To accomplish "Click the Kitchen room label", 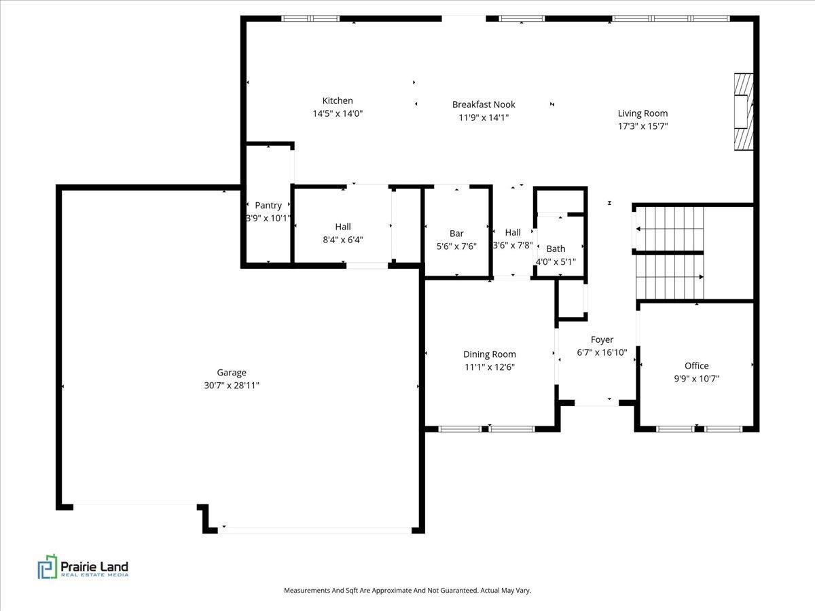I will pos(338,100).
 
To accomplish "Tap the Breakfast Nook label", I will pos(484,104).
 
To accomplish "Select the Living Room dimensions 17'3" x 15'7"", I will pos(642,126).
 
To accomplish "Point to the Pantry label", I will pos(268,205).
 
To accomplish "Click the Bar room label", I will pos(456,234).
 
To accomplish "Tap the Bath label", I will pos(556,248).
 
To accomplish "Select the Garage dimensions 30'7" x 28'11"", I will pos(232,385).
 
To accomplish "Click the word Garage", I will pos(232,372).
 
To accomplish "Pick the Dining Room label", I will pos(489,354).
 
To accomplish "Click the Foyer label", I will pos(602,339).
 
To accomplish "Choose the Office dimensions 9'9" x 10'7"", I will pos(696,378).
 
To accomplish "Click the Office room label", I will pos(696,365).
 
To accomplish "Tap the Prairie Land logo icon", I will pos(47,567).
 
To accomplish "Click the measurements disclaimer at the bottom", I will pos(407,591).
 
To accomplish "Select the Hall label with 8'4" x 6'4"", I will pos(343,227).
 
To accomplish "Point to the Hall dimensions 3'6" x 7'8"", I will pos(512,245).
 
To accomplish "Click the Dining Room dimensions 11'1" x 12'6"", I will pos(489,367).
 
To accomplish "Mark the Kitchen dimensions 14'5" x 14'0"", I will pos(338,113).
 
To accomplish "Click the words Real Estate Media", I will pos(94,575).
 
